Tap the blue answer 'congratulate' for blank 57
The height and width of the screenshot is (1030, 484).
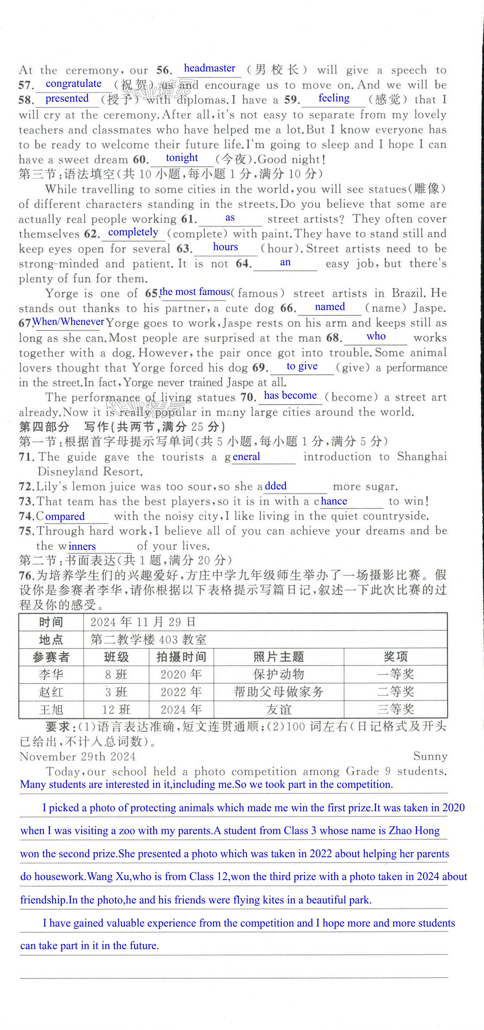click(73, 84)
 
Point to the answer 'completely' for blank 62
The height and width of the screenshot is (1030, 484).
click(133, 232)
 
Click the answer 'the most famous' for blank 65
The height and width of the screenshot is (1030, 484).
click(195, 292)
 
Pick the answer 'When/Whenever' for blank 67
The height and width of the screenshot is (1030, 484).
click(68, 322)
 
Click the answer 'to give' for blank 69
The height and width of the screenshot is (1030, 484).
click(302, 366)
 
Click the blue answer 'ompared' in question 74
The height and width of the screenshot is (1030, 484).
click(65, 517)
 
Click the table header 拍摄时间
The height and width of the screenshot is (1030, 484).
click(181, 657)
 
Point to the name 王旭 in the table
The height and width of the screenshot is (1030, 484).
click(51, 710)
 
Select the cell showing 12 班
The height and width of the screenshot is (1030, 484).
click(116, 710)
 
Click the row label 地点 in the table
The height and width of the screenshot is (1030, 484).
click(51, 639)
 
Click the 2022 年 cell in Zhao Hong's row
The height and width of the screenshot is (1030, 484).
click(181, 692)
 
